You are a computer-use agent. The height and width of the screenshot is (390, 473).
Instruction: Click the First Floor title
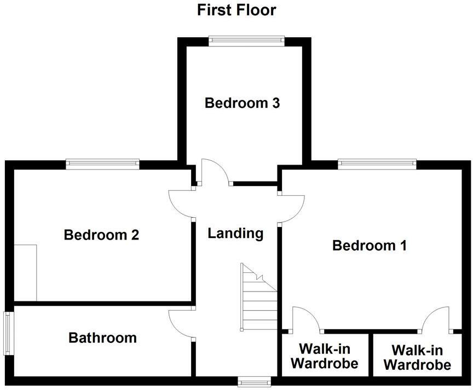pos(236,10)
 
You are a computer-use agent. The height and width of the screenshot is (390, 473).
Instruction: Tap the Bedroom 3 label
pos(243,103)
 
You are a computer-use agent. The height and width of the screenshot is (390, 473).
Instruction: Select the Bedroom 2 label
pos(101,235)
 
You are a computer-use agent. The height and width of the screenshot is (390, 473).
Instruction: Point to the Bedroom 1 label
pos(370,246)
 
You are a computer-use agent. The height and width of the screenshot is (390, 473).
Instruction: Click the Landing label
pos(235,234)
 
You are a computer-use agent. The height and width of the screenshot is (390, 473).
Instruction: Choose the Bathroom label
pos(102,337)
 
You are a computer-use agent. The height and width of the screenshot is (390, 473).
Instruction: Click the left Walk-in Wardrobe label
pos(325,356)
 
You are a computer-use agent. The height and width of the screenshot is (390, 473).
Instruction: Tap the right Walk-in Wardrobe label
pos(418,358)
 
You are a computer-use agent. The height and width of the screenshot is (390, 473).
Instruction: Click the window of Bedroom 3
pos(246,41)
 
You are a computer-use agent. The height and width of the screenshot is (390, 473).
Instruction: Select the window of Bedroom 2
pos(102,163)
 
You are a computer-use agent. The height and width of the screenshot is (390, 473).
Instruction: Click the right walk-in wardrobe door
pos(436,319)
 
